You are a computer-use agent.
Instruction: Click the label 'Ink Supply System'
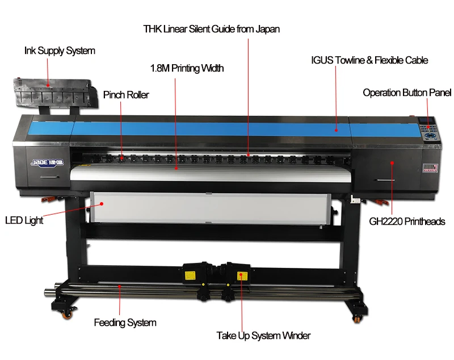tap(60, 51)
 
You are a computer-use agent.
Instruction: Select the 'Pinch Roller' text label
tap(126, 95)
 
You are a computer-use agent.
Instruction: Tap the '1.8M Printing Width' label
tap(187, 69)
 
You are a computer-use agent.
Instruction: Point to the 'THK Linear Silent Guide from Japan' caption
tap(212, 28)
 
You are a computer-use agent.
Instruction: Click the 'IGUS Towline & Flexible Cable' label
tap(369, 60)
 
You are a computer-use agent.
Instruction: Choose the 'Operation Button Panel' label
tap(407, 93)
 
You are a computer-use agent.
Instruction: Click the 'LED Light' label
tap(24, 220)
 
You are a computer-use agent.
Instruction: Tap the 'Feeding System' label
tap(125, 323)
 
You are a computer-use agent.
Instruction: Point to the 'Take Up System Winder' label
tap(263, 336)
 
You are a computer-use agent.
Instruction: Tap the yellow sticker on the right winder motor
tap(241, 276)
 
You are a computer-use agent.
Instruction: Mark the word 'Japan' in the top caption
tap(266, 28)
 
